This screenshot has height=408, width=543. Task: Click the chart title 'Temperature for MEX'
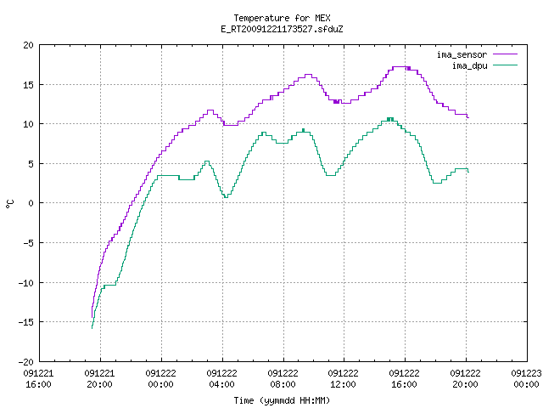282,18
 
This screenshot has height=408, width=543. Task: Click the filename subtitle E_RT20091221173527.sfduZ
282,29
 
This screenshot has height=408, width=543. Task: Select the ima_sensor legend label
462,54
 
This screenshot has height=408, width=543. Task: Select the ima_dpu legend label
469,65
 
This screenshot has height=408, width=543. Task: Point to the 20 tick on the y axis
28,45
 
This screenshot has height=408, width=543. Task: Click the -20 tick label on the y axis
26,362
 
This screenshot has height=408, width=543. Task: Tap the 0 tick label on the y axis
31,203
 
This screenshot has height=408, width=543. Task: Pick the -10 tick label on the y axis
26,283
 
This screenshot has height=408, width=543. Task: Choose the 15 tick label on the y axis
28,85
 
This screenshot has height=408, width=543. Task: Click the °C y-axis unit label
10,204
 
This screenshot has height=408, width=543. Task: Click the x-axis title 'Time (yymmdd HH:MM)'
282,400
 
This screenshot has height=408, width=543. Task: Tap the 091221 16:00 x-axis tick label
38,379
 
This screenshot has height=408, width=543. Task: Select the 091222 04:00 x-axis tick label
221,379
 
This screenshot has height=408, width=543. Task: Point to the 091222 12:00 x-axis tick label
343,379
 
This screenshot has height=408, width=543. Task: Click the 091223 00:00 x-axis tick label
526,379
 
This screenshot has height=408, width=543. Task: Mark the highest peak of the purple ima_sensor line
399,66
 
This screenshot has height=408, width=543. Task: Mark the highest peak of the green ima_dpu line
390,118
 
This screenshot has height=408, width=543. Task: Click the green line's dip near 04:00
226,197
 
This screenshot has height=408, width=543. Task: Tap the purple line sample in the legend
506,54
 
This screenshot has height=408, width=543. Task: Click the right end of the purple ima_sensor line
468,117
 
